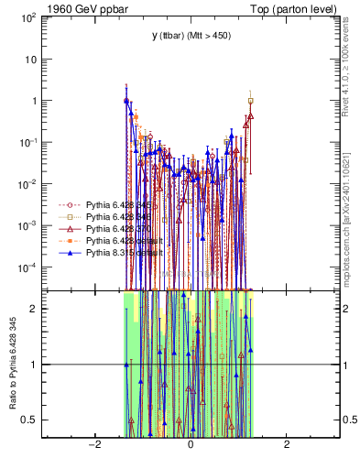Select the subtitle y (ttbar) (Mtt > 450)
(x=191, y=36)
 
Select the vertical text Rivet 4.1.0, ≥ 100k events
(x=353, y=75)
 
